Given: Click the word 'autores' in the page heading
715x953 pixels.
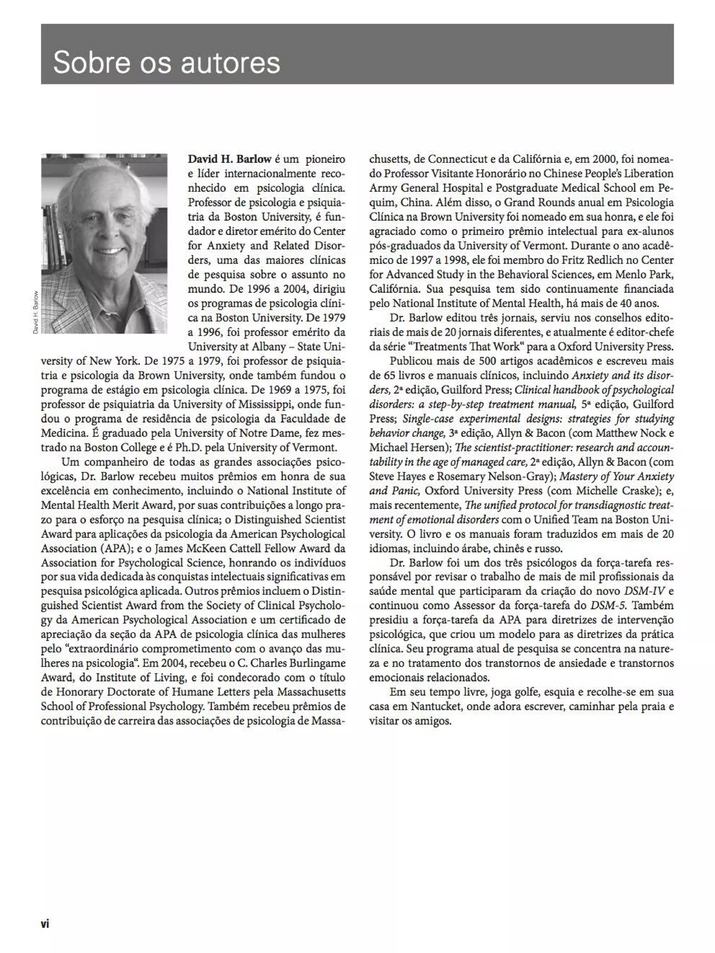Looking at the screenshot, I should point(230,63).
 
